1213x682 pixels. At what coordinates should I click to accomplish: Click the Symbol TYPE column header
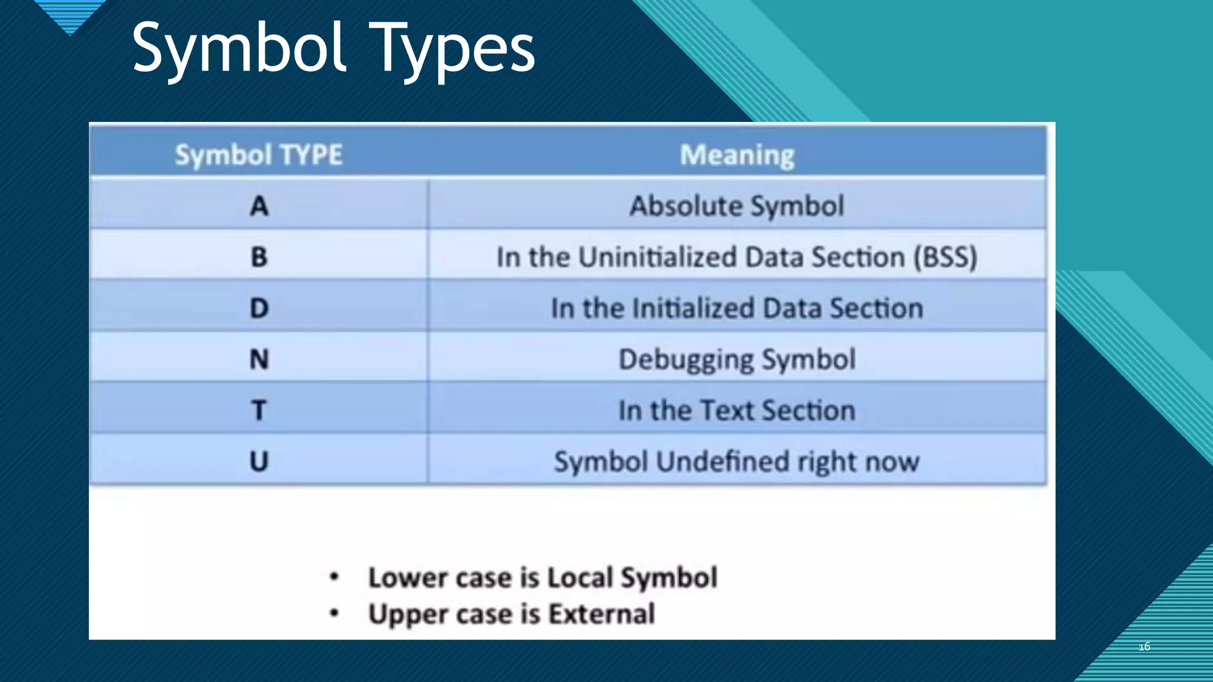click(259, 155)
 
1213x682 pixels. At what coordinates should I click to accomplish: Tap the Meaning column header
click(737, 155)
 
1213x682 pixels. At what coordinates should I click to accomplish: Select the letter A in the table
click(259, 207)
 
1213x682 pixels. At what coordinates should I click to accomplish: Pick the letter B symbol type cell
click(259, 258)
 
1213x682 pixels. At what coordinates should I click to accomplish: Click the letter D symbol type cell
click(259, 308)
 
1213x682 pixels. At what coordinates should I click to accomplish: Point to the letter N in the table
click(259, 359)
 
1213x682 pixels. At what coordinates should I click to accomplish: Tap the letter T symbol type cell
click(259, 410)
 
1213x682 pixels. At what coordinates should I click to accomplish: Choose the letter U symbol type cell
click(259, 461)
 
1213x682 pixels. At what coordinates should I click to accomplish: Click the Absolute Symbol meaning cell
click(736, 207)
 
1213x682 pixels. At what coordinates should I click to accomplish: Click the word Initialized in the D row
click(693, 308)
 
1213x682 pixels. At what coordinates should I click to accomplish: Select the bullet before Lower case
click(334, 577)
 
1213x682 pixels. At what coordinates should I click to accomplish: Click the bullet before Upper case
click(334, 613)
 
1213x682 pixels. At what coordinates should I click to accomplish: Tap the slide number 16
click(1144, 646)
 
